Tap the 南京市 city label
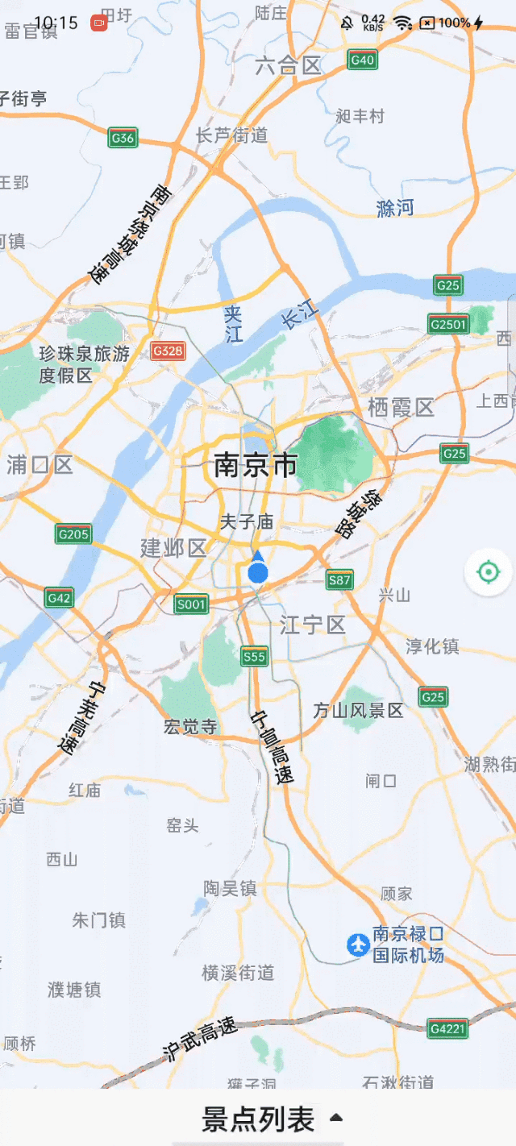(x=256, y=465)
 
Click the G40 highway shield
(x=363, y=60)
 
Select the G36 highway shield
(x=123, y=139)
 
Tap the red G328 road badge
(x=168, y=351)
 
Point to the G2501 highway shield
(x=448, y=324)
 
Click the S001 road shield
(x=191, y=604)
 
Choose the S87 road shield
(x=339, y=579)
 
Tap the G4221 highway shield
(x=448, y=1028)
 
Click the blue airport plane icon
(x=358, y=945)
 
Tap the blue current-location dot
(x=258, y=573)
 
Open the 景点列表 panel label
(x=258, y=1119)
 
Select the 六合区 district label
(x=288, y=66)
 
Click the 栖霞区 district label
(x=401, y=407)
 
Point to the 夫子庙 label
(x=247, y=522)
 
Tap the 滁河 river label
(x=395, y=208)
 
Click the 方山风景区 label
(x=358, y=710)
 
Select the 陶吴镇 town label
(x=230, y=888)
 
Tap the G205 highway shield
(x=73, y=534)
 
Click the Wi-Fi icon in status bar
(x=402, y=23)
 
